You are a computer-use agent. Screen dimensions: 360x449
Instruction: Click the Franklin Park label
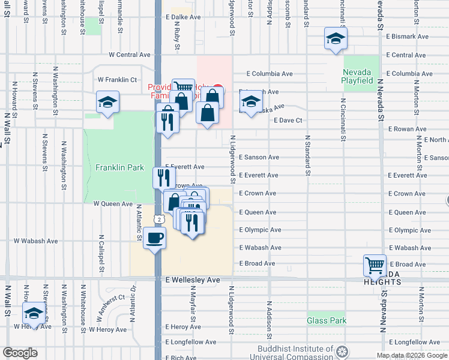119,167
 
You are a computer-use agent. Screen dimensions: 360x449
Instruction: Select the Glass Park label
327,321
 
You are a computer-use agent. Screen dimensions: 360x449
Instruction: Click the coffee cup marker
154,238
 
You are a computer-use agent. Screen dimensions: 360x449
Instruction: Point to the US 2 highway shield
157,216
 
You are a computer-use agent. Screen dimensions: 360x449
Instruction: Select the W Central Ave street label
129,55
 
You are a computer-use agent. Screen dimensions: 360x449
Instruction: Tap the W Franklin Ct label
118,79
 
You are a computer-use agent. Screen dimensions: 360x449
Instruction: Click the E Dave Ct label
288,120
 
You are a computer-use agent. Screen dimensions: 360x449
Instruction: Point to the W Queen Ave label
113,204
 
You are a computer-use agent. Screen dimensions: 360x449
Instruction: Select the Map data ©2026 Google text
411,355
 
